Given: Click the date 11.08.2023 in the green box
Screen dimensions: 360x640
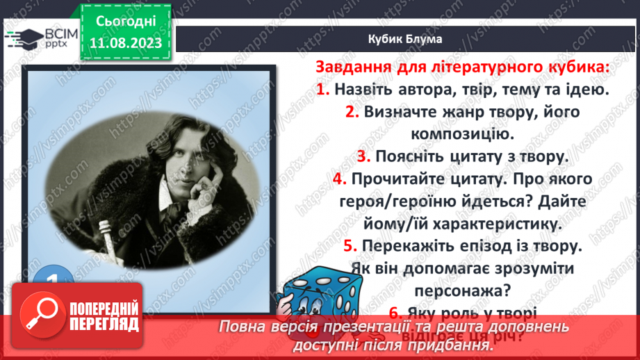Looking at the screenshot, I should pos(126,43).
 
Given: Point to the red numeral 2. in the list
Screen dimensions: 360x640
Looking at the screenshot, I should pos(351,112).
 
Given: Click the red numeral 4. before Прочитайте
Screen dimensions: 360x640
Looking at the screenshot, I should pos(339,179).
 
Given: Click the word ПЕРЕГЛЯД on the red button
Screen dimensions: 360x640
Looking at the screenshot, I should pos(104,325).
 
